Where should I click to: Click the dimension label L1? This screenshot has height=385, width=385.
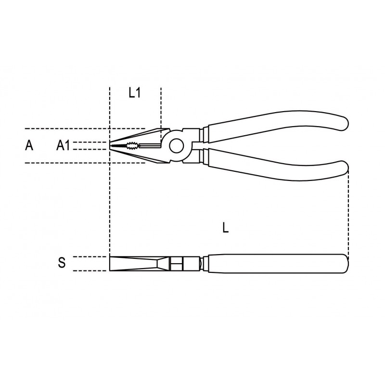point(135,93)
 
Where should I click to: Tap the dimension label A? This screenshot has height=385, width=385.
point(29,145)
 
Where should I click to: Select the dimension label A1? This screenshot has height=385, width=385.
point(63,145)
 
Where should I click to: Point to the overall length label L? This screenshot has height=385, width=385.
point(225,227)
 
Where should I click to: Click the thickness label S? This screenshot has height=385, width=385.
point(62,262)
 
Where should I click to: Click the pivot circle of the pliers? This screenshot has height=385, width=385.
point(176,146)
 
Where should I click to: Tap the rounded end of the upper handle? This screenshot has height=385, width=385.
point(344,122)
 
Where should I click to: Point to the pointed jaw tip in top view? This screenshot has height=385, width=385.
point(110,146)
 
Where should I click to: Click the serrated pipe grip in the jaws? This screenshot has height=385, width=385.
point(132,146)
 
